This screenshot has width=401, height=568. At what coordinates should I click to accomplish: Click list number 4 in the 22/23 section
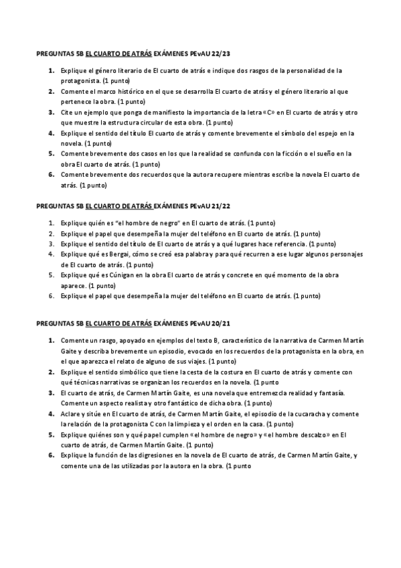pyautogui.click(x=52, y=133)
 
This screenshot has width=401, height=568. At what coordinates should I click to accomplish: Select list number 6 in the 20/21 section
pyautogui.click(x=52, y=455)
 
